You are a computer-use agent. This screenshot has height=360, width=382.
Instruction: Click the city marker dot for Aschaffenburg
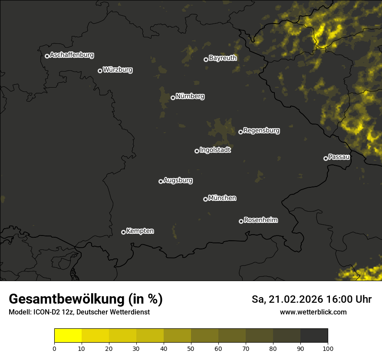pos(47,56)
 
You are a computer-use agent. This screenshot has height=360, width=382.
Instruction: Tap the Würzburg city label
pos(118,70)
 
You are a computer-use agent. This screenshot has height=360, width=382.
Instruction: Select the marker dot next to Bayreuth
pos(206,59)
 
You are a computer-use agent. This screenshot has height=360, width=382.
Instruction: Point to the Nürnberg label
pos(190,96)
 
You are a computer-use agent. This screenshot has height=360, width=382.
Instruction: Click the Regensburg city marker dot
pos(240,132)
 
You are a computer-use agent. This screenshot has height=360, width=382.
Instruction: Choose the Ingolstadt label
pos(215,150)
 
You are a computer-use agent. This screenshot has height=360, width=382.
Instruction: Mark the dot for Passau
pos(326,158)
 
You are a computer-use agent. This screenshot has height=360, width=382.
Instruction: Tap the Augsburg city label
pos(178,180)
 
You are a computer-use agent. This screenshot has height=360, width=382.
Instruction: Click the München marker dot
pos(205,199)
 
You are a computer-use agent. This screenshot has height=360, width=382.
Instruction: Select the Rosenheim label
pos(260,220)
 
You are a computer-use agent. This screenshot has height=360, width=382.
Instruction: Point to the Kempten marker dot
pos(123,232)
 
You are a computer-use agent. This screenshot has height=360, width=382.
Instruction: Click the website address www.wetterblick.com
pos(313,312)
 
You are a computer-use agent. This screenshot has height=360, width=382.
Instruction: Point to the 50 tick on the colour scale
pos(191,349)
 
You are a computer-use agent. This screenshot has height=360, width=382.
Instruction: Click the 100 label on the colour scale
pos(328,349)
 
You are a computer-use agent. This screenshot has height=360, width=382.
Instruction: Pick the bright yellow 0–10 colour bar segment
pos(68,336)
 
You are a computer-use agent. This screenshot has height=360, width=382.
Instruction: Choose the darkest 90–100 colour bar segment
pos(314,336)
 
